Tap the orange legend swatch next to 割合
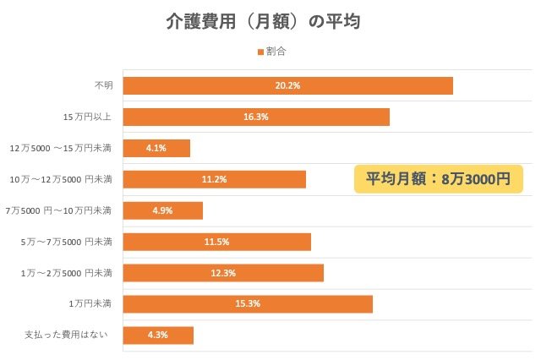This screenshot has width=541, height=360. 260,52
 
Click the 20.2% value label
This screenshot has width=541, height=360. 287,85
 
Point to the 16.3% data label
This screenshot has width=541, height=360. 255,117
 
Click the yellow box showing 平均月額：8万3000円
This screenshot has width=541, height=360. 438,179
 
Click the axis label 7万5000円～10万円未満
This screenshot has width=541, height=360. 58,210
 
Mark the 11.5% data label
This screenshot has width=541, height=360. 216,242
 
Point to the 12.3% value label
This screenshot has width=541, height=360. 223,273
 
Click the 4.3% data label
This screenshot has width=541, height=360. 158,335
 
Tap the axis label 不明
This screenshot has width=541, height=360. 103,85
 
